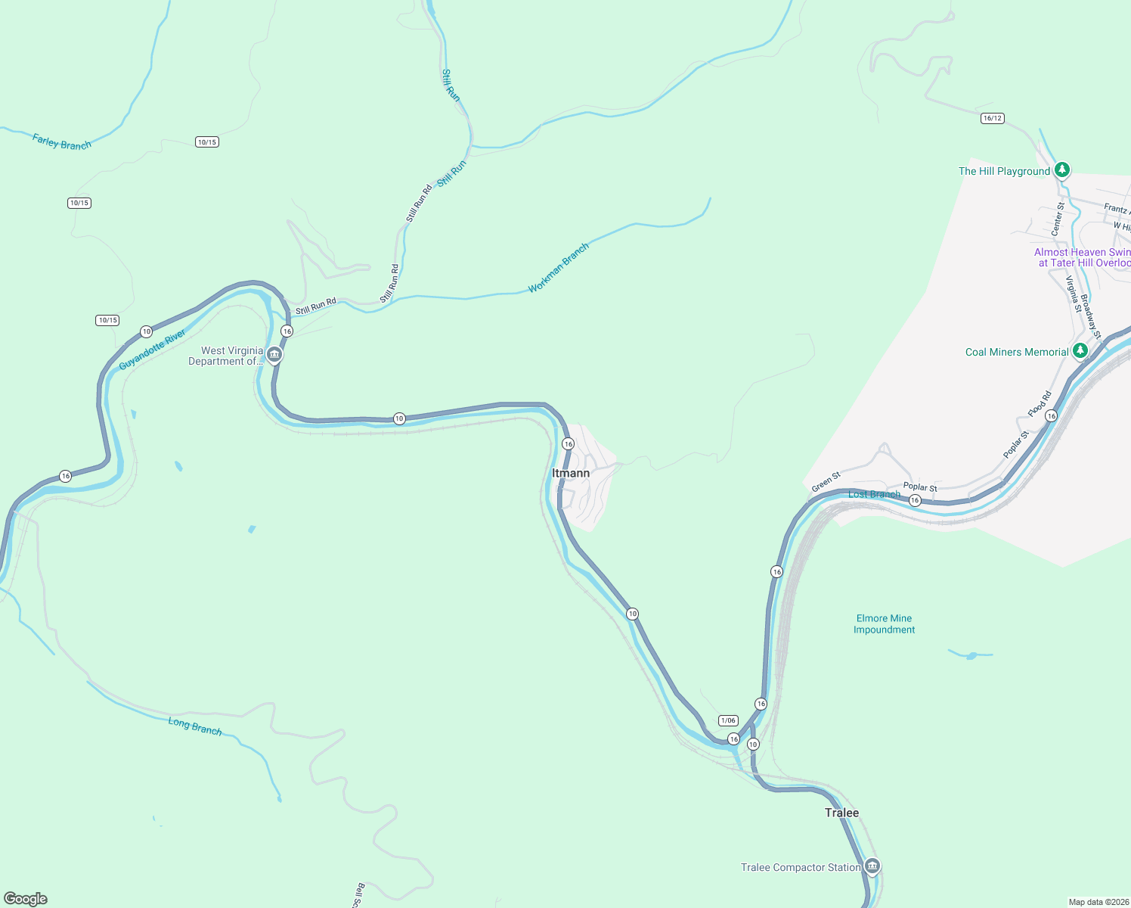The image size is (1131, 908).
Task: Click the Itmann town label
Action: tap(570, 473)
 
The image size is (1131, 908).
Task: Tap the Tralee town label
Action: tap(841, 813)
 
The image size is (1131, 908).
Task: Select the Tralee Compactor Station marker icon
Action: tap(872, 866)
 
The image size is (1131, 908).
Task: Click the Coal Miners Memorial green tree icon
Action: tap(1080, 350)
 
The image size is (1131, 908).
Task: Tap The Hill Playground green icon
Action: tap(1062, 169)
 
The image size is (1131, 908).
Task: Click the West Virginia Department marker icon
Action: tap(274, 354)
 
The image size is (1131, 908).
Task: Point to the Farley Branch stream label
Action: tap(62, 141)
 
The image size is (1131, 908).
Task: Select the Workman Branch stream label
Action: tap(558, 268)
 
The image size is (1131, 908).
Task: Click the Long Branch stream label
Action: tap(195, 726)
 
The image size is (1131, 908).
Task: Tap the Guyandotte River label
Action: tap(153, 350)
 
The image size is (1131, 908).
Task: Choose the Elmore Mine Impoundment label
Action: tap(884, 624)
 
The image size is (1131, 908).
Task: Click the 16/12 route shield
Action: tap(992, 118)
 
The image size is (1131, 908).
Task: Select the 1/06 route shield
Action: tap(728, 720)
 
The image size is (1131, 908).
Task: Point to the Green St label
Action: tap(826, 482)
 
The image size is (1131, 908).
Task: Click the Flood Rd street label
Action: tap(1040, 403)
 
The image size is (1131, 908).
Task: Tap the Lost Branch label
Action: tap(874, 494)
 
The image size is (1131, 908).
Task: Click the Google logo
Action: tap(26, 899)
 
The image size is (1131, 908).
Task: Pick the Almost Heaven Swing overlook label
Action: tap(1083, 257)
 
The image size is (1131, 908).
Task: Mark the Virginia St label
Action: tap(1074, 294)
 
